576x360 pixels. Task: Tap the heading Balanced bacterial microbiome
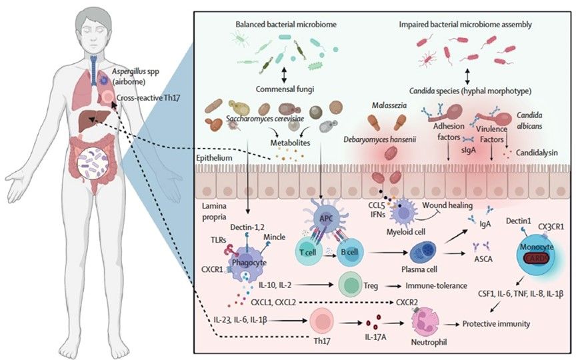277,23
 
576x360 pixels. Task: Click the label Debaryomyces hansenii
377,140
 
